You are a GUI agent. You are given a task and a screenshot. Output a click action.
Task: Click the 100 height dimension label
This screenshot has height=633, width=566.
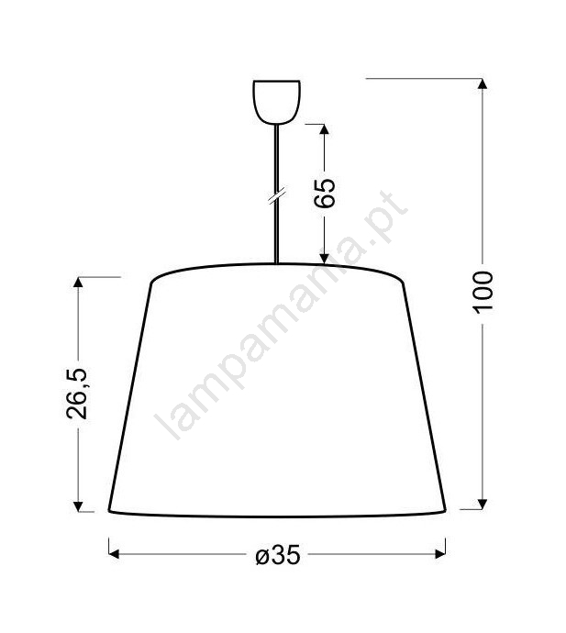[x=483, y=293]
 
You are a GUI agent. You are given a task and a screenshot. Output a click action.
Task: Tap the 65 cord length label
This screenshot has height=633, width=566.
[x=325, y=193]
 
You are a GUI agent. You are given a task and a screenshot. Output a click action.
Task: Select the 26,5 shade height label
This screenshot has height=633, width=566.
[x=76, y=394]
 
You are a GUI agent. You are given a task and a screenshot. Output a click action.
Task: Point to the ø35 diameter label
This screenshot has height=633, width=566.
[x=278, y=556]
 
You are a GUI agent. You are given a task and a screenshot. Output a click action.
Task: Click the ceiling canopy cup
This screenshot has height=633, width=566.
[x=276, y=102]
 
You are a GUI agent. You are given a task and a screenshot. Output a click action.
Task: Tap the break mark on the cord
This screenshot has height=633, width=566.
[x=277, y=195]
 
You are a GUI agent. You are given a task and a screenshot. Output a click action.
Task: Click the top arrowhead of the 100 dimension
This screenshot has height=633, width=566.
[x=482, y=83]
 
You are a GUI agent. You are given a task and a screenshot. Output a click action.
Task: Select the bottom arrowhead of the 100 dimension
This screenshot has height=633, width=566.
[x=482, y=505]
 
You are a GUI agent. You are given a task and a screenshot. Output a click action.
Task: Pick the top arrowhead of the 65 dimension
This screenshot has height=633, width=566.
[x=324, y=128]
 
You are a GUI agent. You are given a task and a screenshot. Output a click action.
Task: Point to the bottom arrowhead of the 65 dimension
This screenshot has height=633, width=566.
[x=324, y=259]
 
